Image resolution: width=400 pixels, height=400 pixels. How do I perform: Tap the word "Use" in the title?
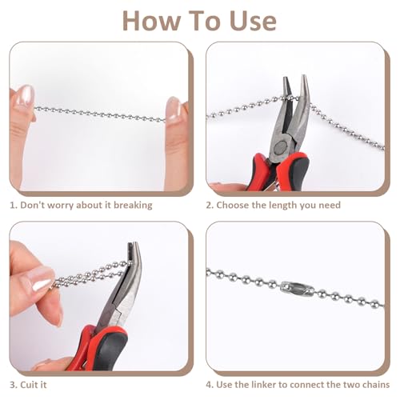pos(253,22)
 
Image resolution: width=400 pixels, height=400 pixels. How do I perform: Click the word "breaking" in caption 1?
pos(133,206)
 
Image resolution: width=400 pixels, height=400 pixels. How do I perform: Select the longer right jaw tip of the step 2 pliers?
pos(304,79)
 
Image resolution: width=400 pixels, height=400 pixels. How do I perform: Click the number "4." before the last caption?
pos(210,385)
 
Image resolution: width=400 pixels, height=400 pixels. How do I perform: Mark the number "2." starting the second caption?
pos(210,205)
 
